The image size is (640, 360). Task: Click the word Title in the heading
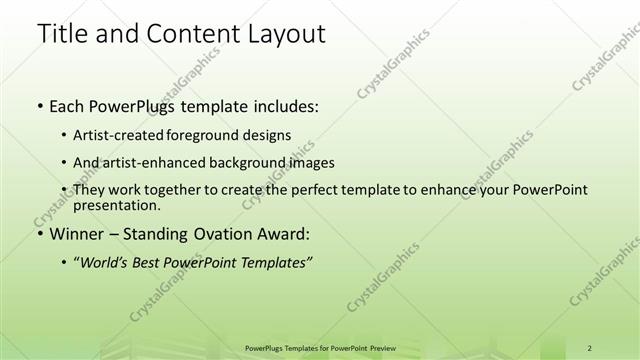point(60,35)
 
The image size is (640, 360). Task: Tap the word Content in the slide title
point(182,35)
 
